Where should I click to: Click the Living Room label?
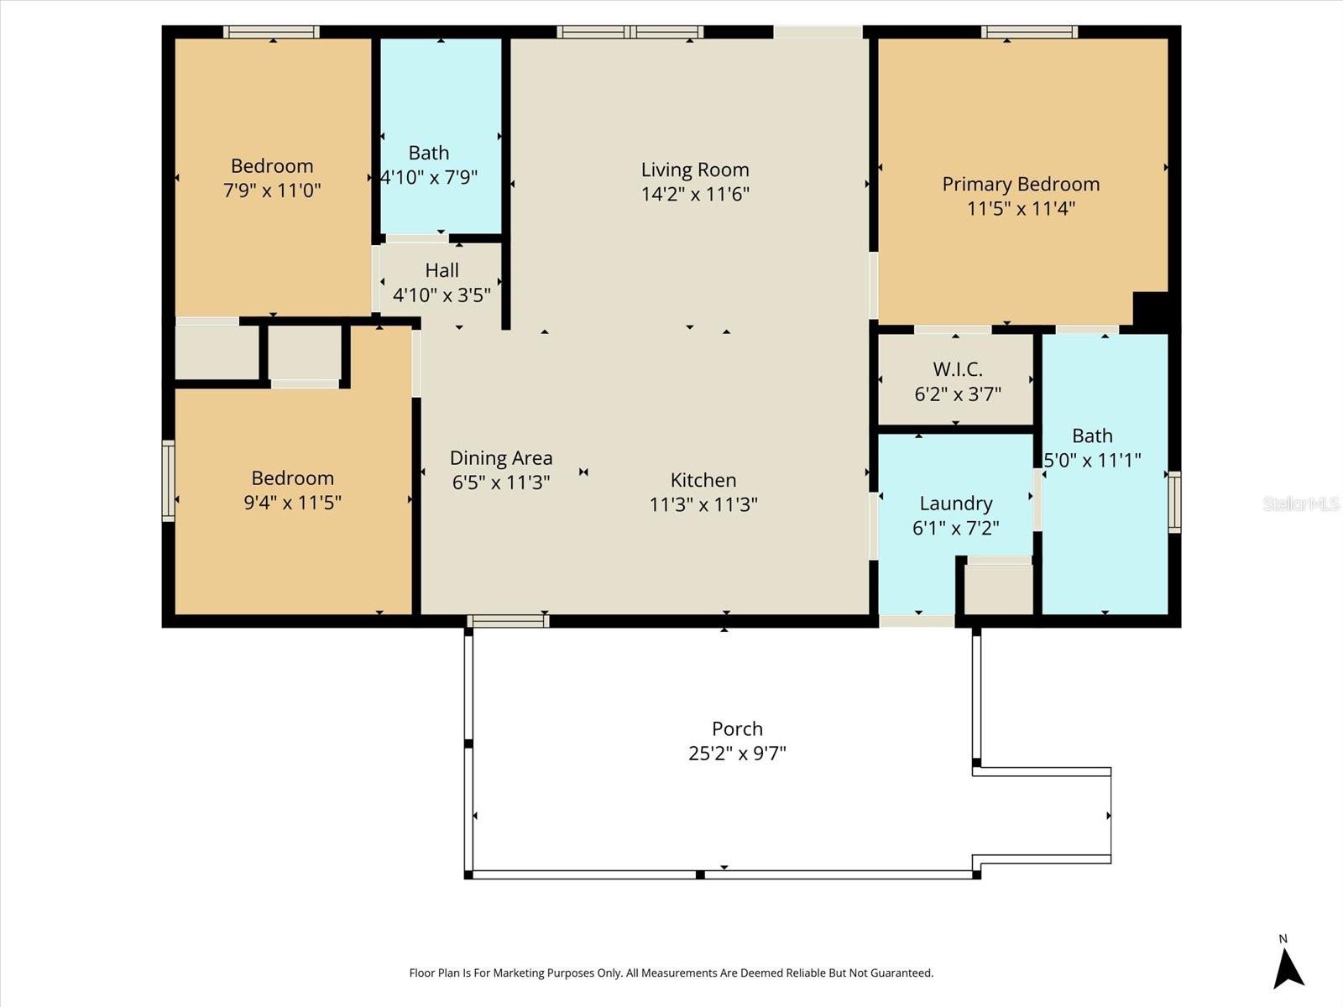pyautogui.click(x=695, y=170)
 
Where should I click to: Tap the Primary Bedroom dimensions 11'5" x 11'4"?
pyautogui.click(x=1021, y=208)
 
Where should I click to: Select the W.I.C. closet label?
pyautogui.click(x=957, y=369)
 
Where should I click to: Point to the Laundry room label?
pyautogui.click(x=956, y=503)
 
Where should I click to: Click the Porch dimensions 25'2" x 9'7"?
pyautogui.click(x=737, y=753)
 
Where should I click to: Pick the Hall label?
pyautogui.click(x=442, y=270)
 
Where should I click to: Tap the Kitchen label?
pyautogui.click(x=703, y=480)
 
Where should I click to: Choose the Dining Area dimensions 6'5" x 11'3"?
pyautogui.click(x=501, y=483)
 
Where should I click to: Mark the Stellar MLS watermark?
pyautogui.click(x=1300, y=503)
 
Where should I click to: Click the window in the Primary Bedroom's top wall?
pyautogui.click(x=1029, y=32)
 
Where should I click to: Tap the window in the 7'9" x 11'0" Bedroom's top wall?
pyautogui.click(x=271, y=32)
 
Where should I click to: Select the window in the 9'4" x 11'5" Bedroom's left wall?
pyautogui.click(x=169, y=481)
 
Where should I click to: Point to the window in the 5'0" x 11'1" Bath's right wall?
pyautogui.click(x=1174, y=502)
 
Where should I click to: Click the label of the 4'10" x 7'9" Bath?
pyautogui.click(x=429, y=154)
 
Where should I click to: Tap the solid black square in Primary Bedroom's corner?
pyautogui.click(x=1151, y=308)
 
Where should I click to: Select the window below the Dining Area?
pyautogui.click(x=508, y=621)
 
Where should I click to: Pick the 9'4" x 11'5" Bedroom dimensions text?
pyautogui.click(x=292, y=503)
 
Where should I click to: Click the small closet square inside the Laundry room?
pyautogui.click(x=998, y=589)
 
